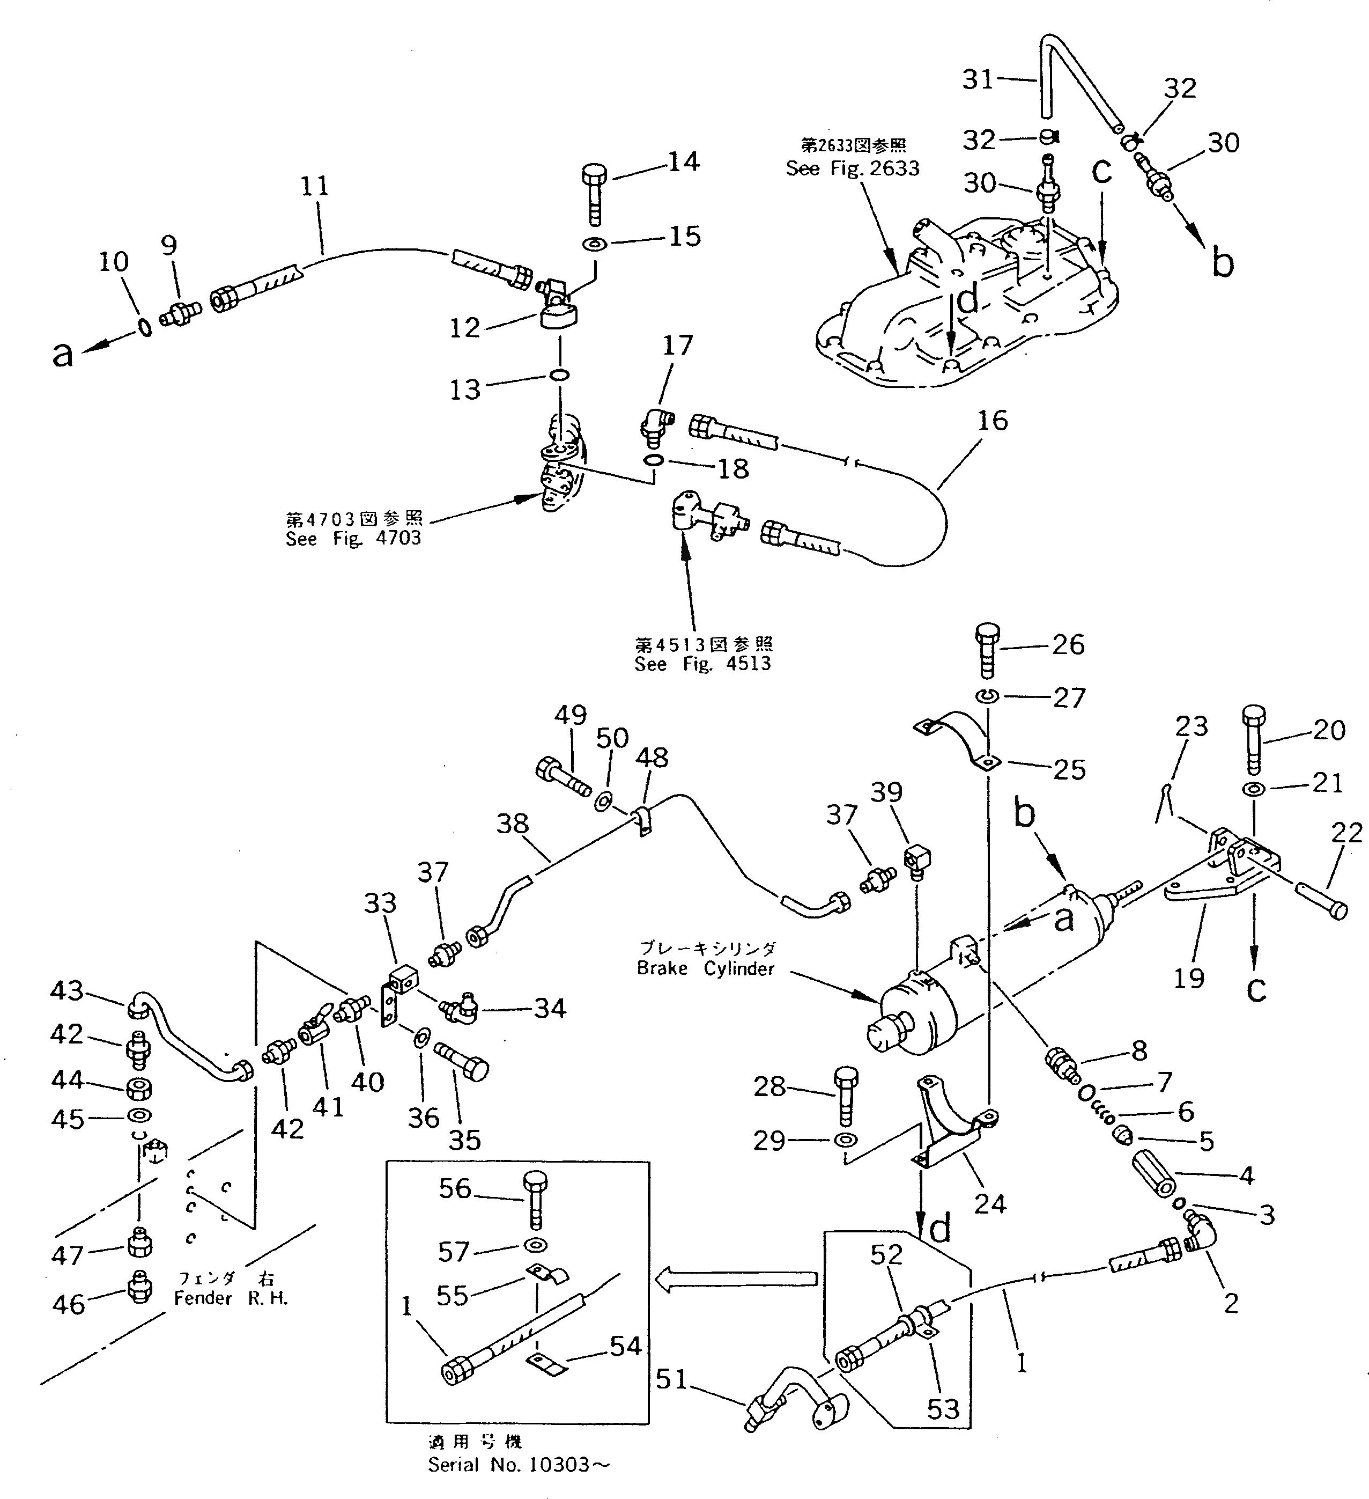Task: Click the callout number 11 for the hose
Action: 314,186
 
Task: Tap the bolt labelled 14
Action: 593,193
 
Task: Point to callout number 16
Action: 992,421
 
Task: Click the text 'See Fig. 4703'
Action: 353,538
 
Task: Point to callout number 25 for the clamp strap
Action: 1069,769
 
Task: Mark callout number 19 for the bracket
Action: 1188,978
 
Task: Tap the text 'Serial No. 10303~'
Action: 519,1465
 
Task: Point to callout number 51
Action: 671,1379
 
